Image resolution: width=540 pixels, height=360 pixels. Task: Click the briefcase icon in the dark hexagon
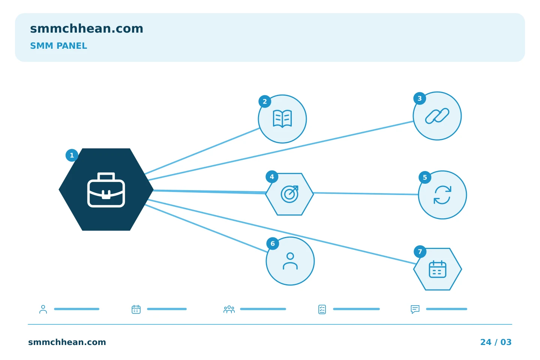(106, 190)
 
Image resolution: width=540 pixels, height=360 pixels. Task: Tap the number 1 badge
(72, 155)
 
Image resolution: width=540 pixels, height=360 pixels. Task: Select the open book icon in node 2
(282, 118)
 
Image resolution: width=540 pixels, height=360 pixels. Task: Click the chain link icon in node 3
(437, 116)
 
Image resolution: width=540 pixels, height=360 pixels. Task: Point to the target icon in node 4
(289, 194)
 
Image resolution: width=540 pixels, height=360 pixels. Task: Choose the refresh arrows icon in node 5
(442, 195)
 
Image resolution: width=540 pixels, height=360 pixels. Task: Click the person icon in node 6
(290, 261)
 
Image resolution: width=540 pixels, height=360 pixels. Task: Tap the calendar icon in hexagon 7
(438, 269)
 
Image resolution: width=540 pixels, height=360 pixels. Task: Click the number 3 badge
(420, 98)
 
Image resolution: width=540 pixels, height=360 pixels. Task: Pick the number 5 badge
(425, 177)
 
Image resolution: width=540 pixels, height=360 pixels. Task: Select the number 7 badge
(420, 252)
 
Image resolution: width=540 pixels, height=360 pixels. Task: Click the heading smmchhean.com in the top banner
(87, 29)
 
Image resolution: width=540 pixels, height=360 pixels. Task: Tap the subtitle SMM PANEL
(58, 46)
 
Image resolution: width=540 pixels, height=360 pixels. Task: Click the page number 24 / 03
(496, 342)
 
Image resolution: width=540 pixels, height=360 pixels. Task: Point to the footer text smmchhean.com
(67, 342)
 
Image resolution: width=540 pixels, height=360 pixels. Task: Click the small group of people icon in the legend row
(229, 309)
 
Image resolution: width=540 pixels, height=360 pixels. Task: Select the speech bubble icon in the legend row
(415, 309)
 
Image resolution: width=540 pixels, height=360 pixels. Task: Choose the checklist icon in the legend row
(322, 309)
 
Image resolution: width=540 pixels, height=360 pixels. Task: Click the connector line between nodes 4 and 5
(366, 193)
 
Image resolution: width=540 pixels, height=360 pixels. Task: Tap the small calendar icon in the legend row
(136, 309)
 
